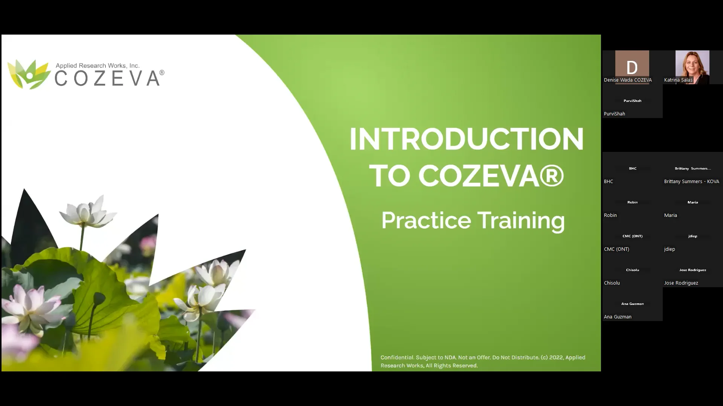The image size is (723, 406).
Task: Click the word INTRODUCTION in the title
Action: [x=467, y=139]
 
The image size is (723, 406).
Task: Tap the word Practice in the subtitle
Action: [x=426, y=220]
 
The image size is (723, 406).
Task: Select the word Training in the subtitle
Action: [x=521, y=220]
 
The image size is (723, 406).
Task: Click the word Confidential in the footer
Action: [x=397, y=358]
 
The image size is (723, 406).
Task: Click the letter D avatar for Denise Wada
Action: [x=632, y=67]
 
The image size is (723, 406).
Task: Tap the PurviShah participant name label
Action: [x=615, y=114]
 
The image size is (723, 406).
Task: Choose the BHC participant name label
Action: [x=609, y=181]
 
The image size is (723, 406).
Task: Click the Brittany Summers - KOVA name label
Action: [x=691, y=181]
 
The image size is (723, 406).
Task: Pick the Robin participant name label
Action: [x=610, y=215]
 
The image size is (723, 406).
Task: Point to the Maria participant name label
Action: [x=670, y=215]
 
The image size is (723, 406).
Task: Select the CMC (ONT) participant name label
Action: [x=616, y=249]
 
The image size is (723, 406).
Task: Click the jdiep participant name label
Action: [x=670, y=249]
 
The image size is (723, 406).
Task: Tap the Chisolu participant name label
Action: [x=612, y=283]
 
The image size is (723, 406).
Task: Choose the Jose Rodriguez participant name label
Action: [x=681, y=283]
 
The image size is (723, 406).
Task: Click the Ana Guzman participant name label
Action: [x=618, y=317]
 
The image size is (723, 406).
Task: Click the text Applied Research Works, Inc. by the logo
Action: [x=98, y=65]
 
